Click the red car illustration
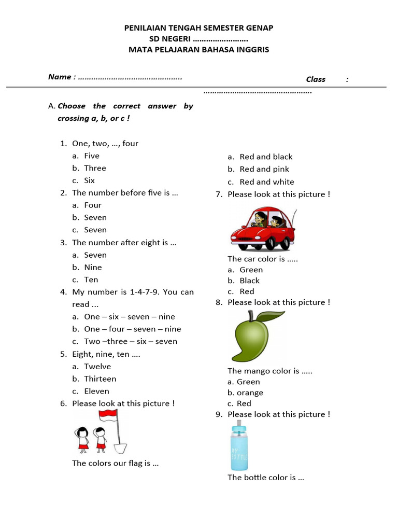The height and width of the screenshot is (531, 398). click(263, 229)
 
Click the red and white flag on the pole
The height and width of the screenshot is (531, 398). click(108, 415)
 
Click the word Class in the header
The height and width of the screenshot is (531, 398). click(316, 79)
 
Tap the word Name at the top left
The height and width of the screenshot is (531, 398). click(59, 77)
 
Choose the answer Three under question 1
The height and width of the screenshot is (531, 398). click(95, 168)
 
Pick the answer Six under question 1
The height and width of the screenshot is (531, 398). click(90, 180)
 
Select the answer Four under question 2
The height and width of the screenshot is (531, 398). click(93, 205)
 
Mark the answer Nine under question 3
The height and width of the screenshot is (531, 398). click(93, 268)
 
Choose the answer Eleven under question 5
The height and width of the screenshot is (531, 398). click(97, 392)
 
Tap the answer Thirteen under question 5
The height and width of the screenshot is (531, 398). click(100, 379)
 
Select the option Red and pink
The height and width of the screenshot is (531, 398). click(264, 169)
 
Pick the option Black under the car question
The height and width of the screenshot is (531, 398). click(250, 281)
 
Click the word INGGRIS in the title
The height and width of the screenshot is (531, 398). click(252, 50)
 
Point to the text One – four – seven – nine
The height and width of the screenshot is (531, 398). click(133, 329)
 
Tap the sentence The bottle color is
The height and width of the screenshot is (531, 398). click(265, 478)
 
